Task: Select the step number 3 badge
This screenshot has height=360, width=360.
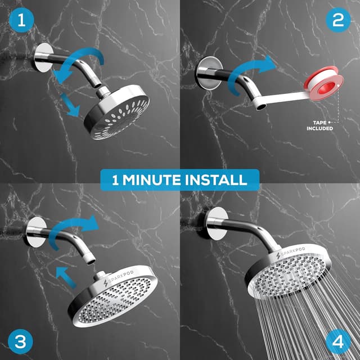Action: pos(20,341)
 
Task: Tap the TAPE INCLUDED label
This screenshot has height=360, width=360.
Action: pos(320,125)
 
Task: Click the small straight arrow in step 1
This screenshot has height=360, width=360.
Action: pos(71,105)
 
